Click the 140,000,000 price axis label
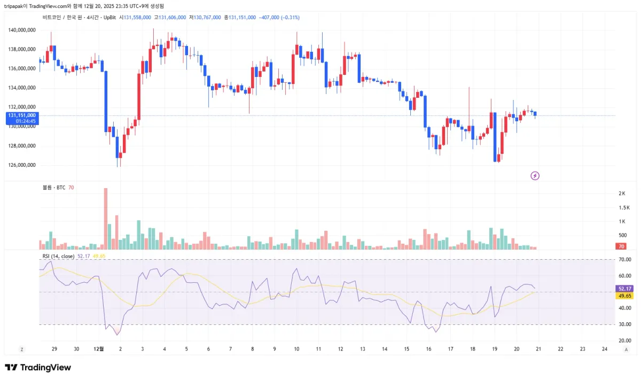tap(22, 30)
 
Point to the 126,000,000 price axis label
tap(22, 165)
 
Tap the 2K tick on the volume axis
tap(622, 193)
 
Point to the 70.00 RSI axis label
tap(624, 260)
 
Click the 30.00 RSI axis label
tap(624, 324)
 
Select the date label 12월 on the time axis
tap(98, 348)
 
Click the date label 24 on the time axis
tap(604, 348)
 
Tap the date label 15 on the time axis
tap(407, 348)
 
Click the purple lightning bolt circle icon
tap(535, 175)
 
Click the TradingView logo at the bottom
tap(38, 368)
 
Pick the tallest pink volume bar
tap(106, 219)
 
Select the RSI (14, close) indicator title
tap(59, 257)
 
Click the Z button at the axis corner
tap(22, 349)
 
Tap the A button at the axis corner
tap(626, 349)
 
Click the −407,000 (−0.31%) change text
tap(279, 18)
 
